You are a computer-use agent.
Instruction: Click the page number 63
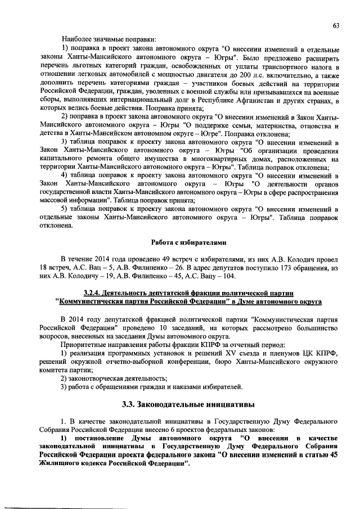(x=336, y=25)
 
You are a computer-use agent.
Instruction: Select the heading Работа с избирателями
(x=188, y=242)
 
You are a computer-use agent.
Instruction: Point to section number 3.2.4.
(x=93, y=293)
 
